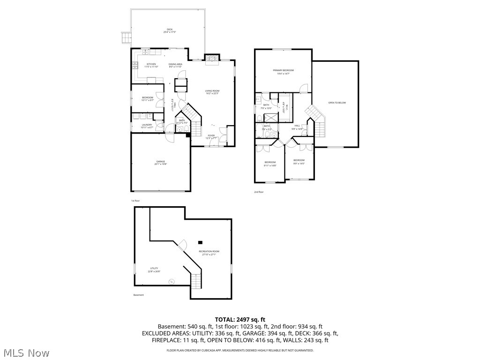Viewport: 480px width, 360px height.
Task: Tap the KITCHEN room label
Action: pyautogui.click(x=151, y=65)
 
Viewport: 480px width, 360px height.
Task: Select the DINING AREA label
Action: pyautogui.click(x=176, y=65)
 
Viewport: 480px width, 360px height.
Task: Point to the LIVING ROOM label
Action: pyautogui.click(x=212, y=92)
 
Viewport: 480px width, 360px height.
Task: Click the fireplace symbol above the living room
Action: pyautogui.click(x=212, y=58)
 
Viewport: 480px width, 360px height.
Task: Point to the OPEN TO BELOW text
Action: pyautogui.click(x=337, y=103)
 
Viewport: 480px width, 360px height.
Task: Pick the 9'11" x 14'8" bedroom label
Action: pyautogui.click(x=270, y=164)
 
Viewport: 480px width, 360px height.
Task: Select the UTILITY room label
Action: pyautogui.click(x=154, y=270)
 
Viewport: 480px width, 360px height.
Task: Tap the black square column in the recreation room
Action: pyautogui.click(x=200, y=242)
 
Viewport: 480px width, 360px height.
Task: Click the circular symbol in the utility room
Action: pyautogui.click(x=171, y=281)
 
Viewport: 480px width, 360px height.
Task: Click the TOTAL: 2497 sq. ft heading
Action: pyautogui.click(x=240, y=319)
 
